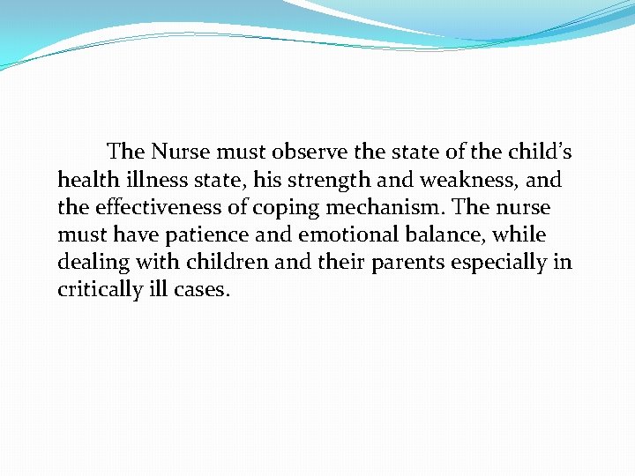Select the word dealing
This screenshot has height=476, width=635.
tap(90, 264)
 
